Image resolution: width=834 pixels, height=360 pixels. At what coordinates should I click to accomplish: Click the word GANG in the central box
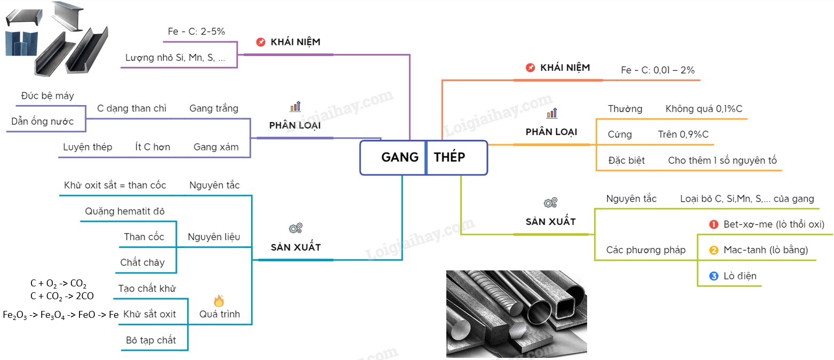pyautogui.click(x=400, y=157)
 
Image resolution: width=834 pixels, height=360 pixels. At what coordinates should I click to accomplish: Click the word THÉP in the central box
pyautogui.click(x=450, y=157)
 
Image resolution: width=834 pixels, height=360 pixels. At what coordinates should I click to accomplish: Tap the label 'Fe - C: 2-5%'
pyautogui.click(x=196, y=31)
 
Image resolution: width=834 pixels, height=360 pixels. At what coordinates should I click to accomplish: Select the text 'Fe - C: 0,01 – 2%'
pyautogui.click(x=657, y=70)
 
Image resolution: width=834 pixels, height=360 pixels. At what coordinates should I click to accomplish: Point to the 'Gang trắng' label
pyautogui.click(x=214, y=108)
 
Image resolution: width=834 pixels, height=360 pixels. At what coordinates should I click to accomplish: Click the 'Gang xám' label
pyautogui.click(x=216, y=147)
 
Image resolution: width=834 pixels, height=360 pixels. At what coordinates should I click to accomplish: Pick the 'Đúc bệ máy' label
pyautogui.click(x=47, y=96)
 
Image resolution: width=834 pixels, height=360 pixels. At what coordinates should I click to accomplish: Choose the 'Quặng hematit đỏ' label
pyautogui.click(x=125, y=211)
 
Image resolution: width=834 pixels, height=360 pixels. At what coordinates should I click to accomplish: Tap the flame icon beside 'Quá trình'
pyautogui.click(x=219, y=301)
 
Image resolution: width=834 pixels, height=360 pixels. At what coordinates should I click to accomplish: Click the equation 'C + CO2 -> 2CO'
pyautogui.click(x=62, y=296)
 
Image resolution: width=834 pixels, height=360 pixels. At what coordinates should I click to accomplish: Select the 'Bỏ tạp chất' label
pyautogui.click(x=151, y=340)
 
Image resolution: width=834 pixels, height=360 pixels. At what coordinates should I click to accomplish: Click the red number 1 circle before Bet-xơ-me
pyautogui.click(x=714, y=225)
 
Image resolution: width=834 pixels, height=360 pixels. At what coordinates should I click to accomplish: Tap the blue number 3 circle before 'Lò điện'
pyautogui.click(x=714, y=276)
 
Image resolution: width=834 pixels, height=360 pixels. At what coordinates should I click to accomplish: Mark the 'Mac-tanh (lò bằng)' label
pyautogui.click(x=766, y=250)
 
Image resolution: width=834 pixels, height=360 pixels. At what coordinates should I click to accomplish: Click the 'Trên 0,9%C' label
pyautogui.click(x=683, y=134)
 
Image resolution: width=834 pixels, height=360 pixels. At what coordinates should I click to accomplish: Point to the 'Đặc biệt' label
pyautogui.click(x=626, y=161)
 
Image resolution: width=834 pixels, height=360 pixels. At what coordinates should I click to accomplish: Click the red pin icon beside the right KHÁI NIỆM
pyautogui.click(x=530, y=68)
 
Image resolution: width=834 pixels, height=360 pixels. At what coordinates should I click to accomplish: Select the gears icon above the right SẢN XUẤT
pyautogui.click(x=550, y=203)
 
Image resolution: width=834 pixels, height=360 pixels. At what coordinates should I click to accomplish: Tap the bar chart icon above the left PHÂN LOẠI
pyautogui.click(x=295, y=107)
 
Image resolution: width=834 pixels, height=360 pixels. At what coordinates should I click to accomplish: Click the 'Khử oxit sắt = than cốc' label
pyautogui.click(x=115, y=186)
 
